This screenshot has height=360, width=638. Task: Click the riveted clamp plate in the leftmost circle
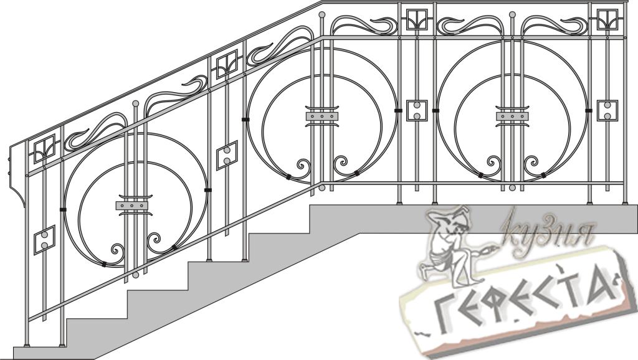[x=131, y=206]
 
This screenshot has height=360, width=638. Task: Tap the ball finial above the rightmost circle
[x=512, y=15]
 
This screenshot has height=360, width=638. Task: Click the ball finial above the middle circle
[x=321, y=15]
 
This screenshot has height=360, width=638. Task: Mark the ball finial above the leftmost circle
[x=135, y=103]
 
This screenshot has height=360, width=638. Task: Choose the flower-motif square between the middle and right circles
[x=417, y=19]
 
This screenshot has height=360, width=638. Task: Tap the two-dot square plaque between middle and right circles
[x=417, y=110]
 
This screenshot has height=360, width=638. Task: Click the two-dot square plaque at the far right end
[x=607, y=110]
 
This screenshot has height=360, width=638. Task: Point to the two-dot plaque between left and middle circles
[x=227, y=155]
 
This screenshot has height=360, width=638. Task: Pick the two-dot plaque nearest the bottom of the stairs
[x=44, y=240]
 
